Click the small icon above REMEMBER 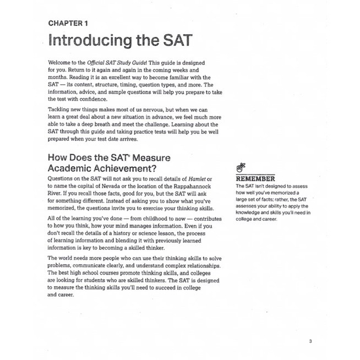(240, 166)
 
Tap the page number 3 (310, 341)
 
